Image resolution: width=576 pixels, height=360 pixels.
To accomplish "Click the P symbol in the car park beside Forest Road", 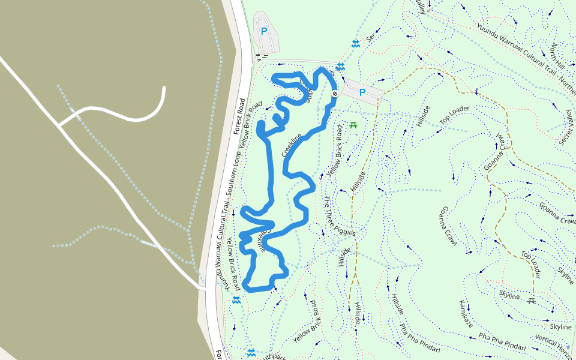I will tap(263, 31).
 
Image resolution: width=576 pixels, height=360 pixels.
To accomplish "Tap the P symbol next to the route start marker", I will tap(362, 92).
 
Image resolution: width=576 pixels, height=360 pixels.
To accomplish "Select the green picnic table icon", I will tap(353, 125).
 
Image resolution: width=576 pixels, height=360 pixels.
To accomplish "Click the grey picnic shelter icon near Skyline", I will tap(531, 301).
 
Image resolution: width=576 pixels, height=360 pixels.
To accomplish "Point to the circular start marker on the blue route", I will tap(334, 94).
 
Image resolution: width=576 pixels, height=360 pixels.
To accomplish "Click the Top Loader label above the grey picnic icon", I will tap(530, 265).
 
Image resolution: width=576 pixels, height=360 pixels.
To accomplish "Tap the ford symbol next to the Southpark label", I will tap(251, 352).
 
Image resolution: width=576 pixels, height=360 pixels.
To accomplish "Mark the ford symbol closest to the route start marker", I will tap(341, 66).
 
